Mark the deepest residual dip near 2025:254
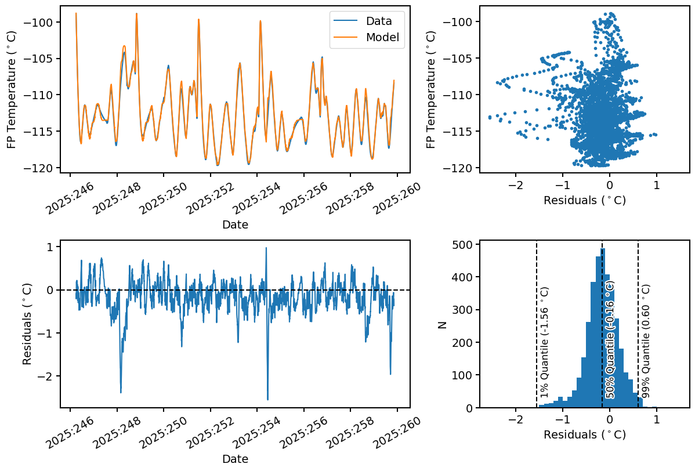tap(267, 399)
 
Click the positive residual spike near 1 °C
tap(266, 248)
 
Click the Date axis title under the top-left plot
tap(235, 224)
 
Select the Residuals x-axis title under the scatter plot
tap(584, 201)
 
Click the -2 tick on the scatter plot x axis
tap(513, 184)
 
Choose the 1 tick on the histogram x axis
tap(656, 419)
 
